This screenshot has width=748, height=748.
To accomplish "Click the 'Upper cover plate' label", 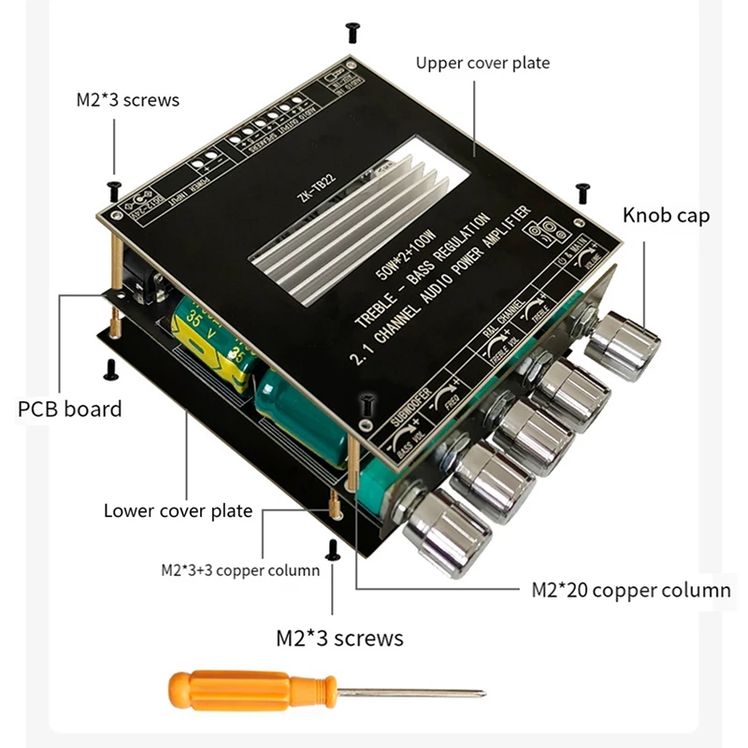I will (x=482, y=64).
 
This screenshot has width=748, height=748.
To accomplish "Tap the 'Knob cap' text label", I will (x=666, y=215).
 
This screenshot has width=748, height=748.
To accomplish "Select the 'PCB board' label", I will (x=69, y=409).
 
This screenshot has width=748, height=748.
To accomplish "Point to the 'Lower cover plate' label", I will (x=178, y=511).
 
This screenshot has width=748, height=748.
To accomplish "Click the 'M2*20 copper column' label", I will (x=630, y=590).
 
